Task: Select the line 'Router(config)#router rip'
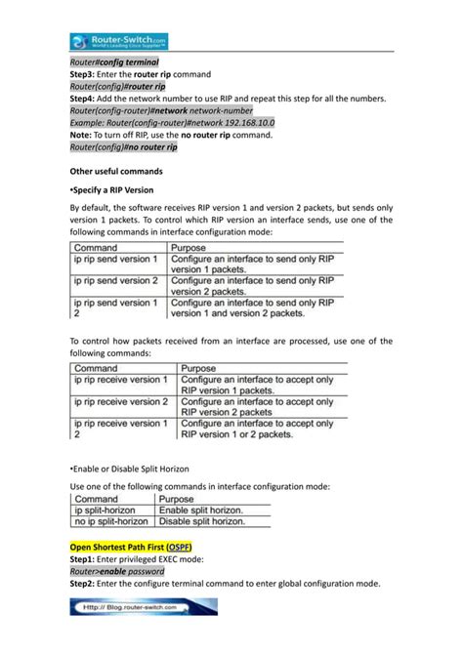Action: pyautogui.click(x=117, y=86)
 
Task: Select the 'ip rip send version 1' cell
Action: pyautogui.click(x=115, y=259)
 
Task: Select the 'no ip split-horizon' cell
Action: pyautogui.click(x=112, y=522)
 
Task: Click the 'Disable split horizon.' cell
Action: pyautogui.click(x=200, y=522)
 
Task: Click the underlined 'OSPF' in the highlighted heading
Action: pyautogui.click(x=179, y=546)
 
